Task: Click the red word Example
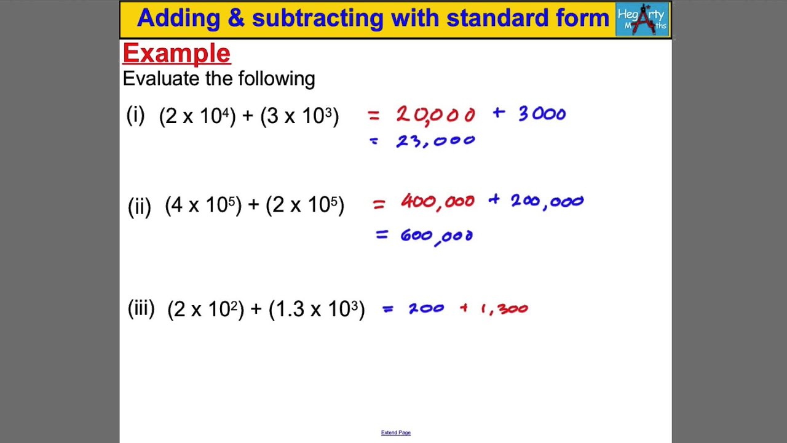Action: pyautogui.click(x=176, y=54)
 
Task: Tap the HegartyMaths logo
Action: pyautogui.click(x=642, y=19)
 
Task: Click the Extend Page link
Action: pyautogui.click(x=395, y=433)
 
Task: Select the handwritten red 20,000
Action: pyautogui.click(x=435, y=114)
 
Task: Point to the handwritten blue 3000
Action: pyautogui.click(x=542, y=114)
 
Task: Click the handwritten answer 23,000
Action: pyautogui.click(x=435, y=142)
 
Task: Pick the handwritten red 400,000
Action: pyautogui.click(x=437, y=202)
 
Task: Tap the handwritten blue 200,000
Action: pyautogui.click(x=547, y=201)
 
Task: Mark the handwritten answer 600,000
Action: pyautogui.click(x=436, y=236)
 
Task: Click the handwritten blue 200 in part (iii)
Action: pyautogui.click(x=426, y=309)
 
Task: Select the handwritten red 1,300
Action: pyautogui.click(x=504, y=309)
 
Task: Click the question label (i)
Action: pyautogui.click(x=135, y=115)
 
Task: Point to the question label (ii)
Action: pyautogui.click(x=139, y=206)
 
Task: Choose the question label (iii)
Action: pyautogui.click(x=141, y=308)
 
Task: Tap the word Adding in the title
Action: pyautogui.click(x=178, y=18)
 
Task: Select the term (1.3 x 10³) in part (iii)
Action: pyautogui.click(x=317, y=309)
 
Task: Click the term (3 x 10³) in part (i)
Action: pyautogui.click(x=299, y=116)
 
